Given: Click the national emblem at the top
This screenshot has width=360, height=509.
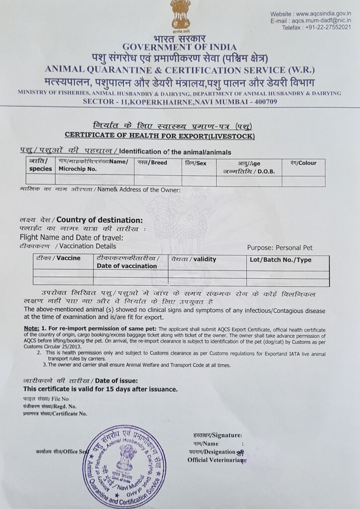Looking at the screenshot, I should click(180, 15).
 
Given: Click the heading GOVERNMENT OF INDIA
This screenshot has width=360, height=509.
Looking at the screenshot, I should click(180, 47).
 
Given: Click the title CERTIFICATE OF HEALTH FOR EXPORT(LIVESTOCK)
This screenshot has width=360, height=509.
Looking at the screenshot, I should click(160, 136).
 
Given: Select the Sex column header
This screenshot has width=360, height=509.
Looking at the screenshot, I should click(195, 163).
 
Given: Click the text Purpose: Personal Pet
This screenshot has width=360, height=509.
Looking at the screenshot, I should click(280, 248).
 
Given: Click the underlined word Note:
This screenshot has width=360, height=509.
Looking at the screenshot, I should click(31, 329).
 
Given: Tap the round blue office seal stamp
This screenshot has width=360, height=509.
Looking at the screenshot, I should click(124, 466).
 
